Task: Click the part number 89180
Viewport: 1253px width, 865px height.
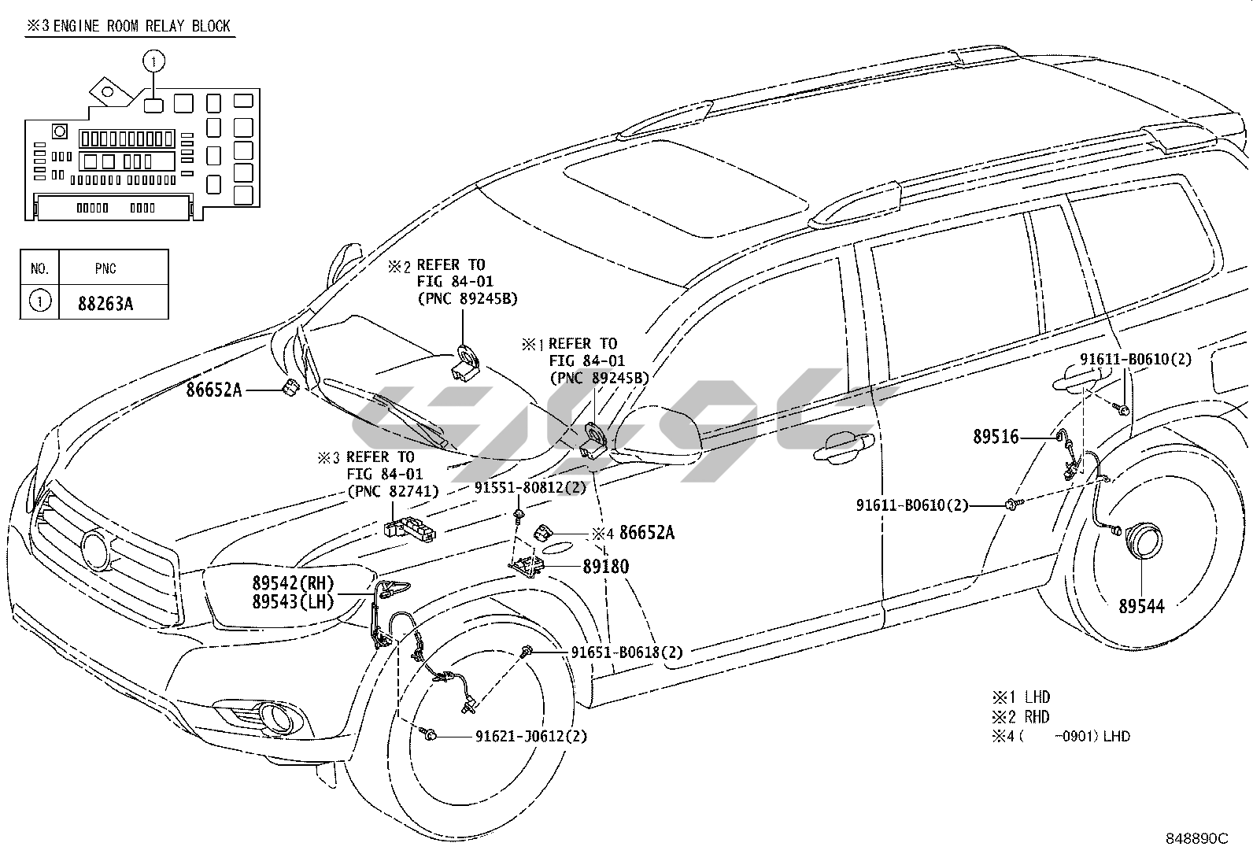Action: pyautogui.click(x=605, y=566)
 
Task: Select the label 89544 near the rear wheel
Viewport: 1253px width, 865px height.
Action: pyautogui.click(x=1141, y=605)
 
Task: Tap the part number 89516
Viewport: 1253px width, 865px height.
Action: pyautogui.click(x=996, y=437)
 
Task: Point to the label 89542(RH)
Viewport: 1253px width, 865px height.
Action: pyautogui.click(x=293, y=583)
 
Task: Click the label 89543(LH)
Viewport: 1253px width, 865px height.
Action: pyautogui.click(x=293, y=602)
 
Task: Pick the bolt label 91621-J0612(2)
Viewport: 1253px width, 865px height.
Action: pyautogui.click(x=530, y=737)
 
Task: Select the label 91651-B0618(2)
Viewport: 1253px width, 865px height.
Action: pyautogui.click(x=626, y=652)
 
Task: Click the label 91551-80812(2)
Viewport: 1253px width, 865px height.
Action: pyautogui.click(x=530, y=488)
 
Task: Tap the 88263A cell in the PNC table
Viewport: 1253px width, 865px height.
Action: pyautogui.click(x=105, y=302)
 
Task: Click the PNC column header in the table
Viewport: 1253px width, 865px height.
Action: pyautogui.click(x=105, y=268)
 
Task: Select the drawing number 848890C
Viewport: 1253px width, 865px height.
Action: pyautogui.click(x=1196, y=839)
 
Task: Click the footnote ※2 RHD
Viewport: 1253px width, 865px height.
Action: pyautogui.click(x=1020, y=717)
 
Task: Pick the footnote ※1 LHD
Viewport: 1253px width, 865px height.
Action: pyautogui.click(x=1020, y=697)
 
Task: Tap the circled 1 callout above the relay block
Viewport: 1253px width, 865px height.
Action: pyautogui.click(x=154, y=59)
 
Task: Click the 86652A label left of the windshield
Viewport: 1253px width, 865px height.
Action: pyautogui.click(x=214, y=389)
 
